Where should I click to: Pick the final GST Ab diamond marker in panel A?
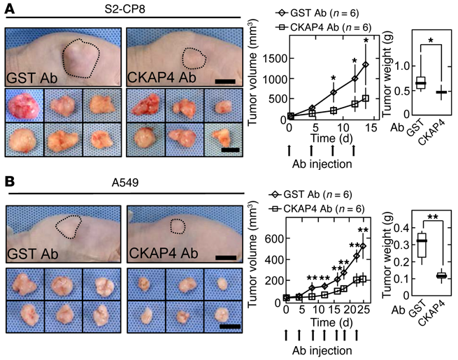point(364,65)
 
